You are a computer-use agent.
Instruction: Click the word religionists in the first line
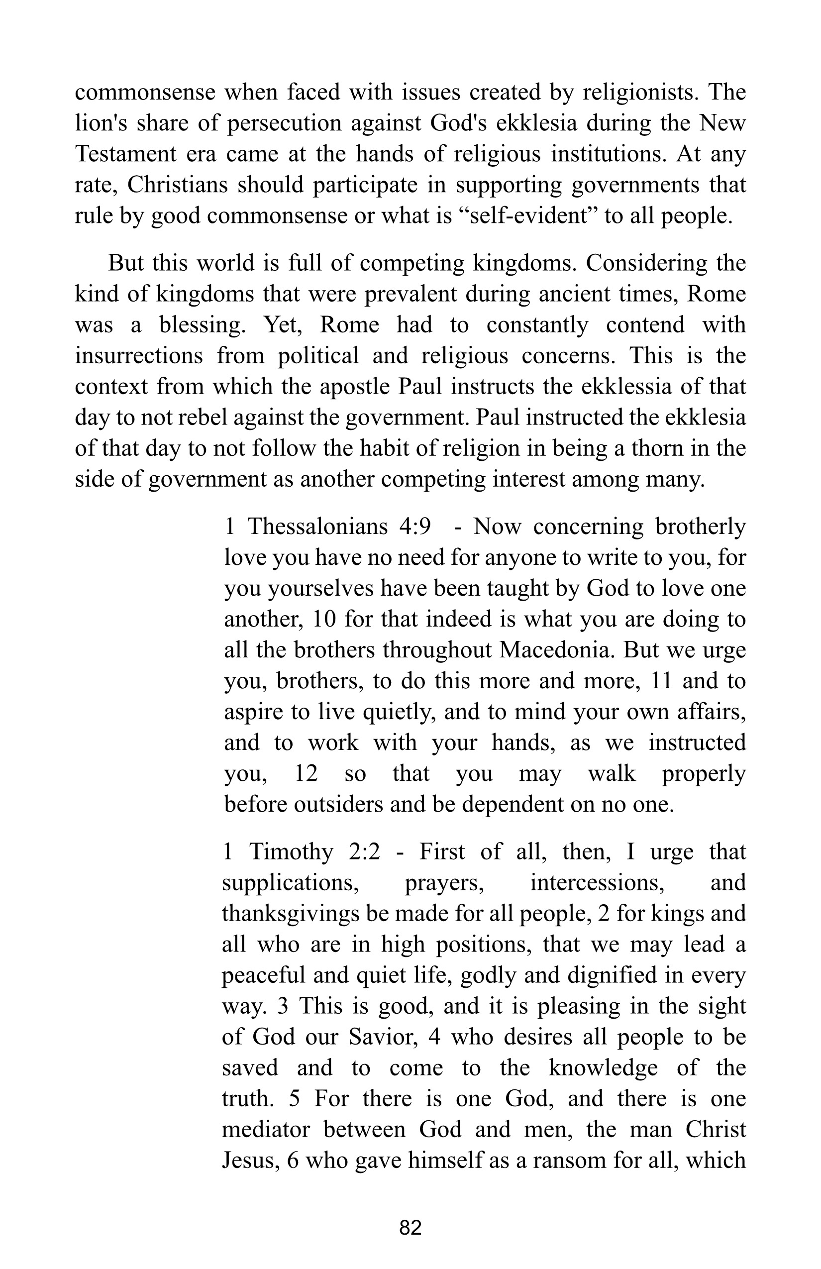(640, 93)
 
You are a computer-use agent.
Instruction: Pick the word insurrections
(139, 356)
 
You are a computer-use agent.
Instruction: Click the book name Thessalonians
(318, 527)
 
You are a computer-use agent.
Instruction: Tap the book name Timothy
(291, 852)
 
